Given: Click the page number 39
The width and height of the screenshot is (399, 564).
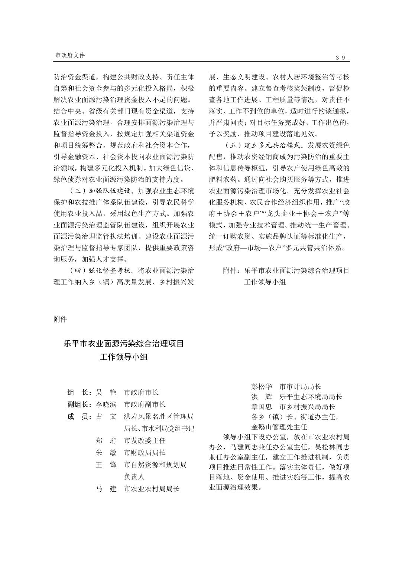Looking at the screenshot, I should [x=340, y=58].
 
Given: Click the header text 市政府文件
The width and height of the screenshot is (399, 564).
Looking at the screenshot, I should [x=70, y=55].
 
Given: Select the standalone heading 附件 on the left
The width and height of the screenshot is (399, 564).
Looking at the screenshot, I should [x=60, y=319].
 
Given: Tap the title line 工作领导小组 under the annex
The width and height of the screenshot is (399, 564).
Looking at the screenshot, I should [x=124, y=357].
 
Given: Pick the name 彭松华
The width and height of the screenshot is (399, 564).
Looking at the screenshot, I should [x=262, y=387].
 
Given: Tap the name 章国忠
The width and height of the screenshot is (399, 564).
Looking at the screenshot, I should [x=262, y=407].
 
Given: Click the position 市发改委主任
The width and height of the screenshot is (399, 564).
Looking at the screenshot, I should [x=145, y=440].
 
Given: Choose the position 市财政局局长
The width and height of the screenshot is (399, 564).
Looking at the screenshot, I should [x=145, y=453].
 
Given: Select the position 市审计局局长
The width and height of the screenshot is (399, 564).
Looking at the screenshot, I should [x=300, y=387].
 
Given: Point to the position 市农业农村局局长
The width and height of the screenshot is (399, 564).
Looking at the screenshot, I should [x=152, y=489].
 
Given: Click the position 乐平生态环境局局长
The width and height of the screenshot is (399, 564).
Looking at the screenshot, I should [x=311, y=397].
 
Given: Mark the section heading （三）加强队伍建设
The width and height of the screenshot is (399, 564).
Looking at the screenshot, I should [x=101, y=191].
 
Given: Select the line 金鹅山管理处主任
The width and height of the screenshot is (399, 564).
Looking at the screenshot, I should [x=279, y=427].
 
